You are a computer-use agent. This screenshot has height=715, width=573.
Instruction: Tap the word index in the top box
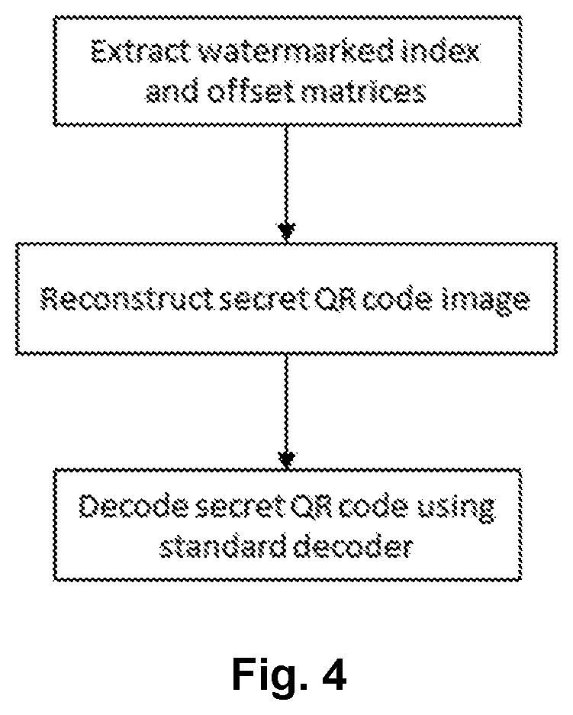click(x=441, y=50)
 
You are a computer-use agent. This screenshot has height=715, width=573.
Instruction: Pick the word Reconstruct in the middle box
click(x=128, y=300)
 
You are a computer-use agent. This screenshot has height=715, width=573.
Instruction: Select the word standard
click(x=224, y=547)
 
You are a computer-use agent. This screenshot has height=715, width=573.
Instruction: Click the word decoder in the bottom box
click(x=353, y=547)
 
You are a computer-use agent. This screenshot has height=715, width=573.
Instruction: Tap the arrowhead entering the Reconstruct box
click(x=286, y=231)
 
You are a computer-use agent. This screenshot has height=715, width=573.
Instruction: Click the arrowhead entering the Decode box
click(x=286, y=460)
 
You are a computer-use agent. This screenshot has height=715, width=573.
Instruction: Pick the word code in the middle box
click(x=397, y=300)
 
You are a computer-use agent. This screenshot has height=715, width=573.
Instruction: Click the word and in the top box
click(x=172, y=92)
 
